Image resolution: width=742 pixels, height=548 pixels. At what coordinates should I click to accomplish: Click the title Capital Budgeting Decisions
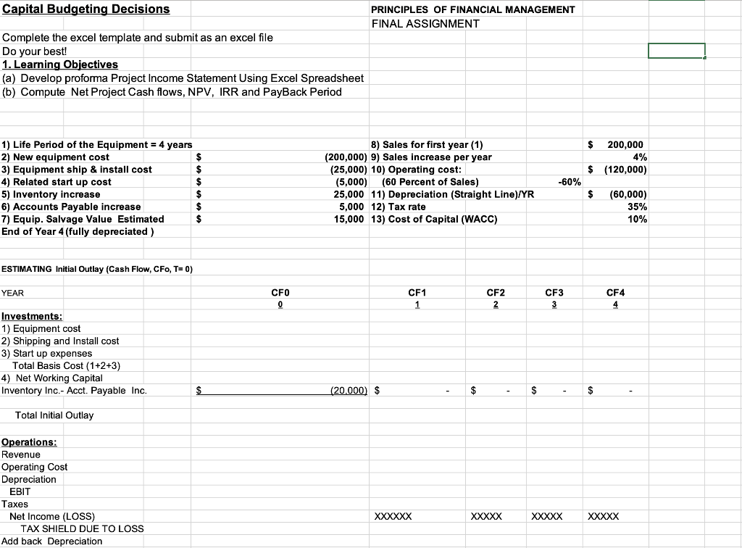tap(86, 9)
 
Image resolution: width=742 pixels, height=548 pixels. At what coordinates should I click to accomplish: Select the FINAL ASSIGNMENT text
tap(425, 23)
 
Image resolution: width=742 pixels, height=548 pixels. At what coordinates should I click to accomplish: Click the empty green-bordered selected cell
tap(676, 51)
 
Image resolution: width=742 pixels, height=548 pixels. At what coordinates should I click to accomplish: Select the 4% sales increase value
tap(638, 157)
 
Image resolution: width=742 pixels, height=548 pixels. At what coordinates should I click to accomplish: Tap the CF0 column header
tap(280, 293)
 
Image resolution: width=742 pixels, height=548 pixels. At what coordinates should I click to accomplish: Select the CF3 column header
tap(554, 293)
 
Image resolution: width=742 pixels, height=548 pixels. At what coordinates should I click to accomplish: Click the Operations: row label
tap(30, 442)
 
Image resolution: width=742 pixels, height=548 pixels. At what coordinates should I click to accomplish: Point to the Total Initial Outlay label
tap(54, 415)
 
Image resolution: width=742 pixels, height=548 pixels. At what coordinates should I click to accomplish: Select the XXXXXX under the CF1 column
tap(393, 517)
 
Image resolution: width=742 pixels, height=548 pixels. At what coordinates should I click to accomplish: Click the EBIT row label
tap(20, 491)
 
